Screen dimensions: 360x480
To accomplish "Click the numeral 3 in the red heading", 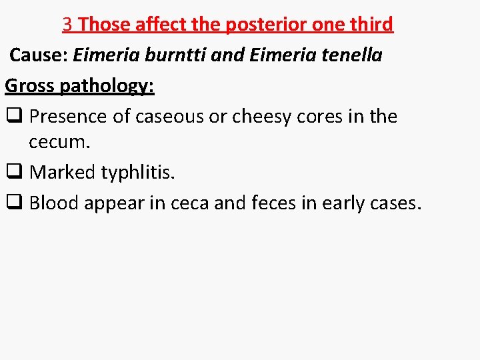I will pos(67,25).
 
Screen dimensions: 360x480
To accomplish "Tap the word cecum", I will pos(58,143).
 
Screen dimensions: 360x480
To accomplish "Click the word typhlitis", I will pos(137,173).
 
